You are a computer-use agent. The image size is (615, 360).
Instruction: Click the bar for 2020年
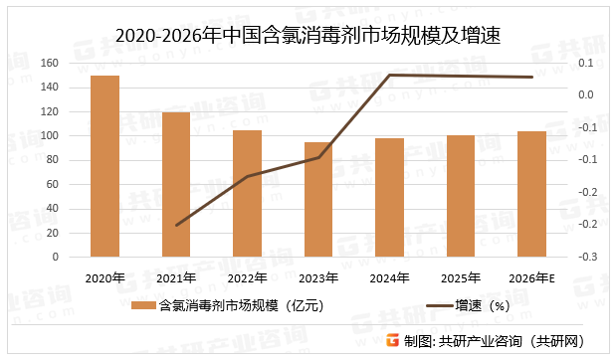coord(105,166)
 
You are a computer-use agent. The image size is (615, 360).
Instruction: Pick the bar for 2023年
coord(318,199)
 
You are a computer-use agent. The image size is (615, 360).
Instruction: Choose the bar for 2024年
coord(390,197)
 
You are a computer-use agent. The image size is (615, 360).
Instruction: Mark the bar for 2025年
coord(461,196)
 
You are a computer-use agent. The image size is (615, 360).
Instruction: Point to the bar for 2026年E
coord(532,194)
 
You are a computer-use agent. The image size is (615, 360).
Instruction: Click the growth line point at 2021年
coord(176,225)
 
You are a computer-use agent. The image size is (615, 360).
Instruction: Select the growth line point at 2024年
coord(390,76)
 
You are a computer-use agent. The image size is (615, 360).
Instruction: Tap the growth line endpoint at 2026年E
coord(532,78)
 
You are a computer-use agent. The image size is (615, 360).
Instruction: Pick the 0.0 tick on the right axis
coord(585,95)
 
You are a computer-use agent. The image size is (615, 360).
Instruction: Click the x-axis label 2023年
coord(318,277)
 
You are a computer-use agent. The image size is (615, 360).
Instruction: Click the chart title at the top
coord(307,37)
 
